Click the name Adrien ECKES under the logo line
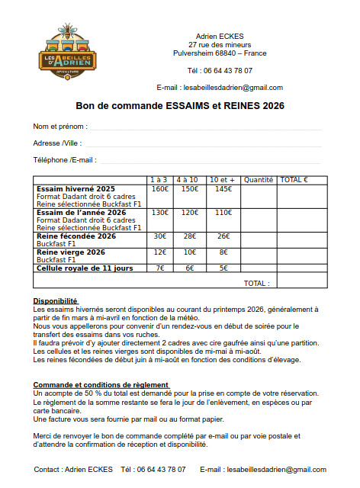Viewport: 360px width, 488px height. pos(220,36)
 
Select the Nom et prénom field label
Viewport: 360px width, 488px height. pos(60,125)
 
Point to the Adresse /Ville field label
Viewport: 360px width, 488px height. pos(57,143)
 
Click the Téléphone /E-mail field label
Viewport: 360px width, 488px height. pos(64,160)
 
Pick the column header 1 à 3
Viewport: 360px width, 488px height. pos(159,180)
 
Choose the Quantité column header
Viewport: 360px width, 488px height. pos(258,180)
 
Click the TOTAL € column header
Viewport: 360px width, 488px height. pos(294,180)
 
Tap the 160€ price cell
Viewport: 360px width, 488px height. pos(159,188)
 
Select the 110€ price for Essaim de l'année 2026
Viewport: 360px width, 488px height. pos(223,213)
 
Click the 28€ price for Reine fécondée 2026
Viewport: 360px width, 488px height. pos(190,236)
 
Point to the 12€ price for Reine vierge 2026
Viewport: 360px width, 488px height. pos(159,252)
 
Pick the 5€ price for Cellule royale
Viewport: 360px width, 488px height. pos(223,268)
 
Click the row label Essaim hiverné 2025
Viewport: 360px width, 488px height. pos(76,188)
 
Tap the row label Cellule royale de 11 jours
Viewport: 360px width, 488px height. pos(85,268)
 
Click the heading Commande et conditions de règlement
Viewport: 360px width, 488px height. pos(101,384)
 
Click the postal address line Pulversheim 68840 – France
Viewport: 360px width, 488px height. pos(220,53)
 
